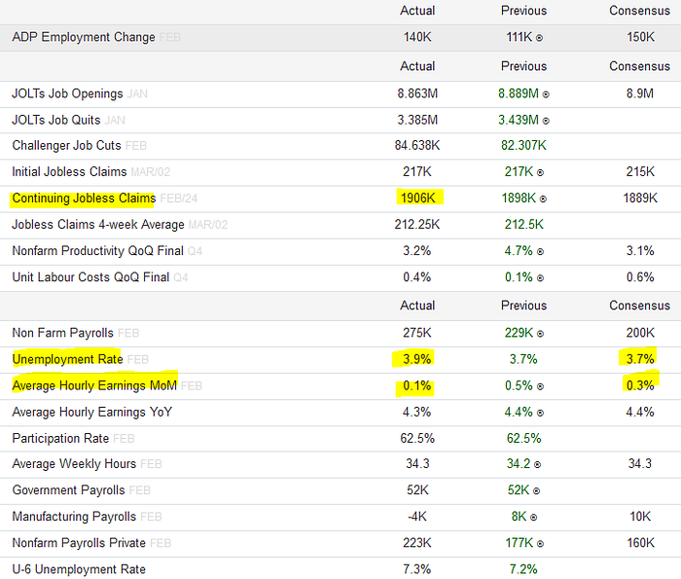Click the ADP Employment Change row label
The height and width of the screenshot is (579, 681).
tap(84, 37)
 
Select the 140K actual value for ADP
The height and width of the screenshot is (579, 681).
tap(417, 37)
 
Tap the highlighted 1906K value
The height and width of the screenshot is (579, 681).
tap(417, 199)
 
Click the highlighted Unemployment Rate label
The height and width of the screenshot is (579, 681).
tap(67, 359)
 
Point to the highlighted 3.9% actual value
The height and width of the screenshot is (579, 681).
tap(417, 359)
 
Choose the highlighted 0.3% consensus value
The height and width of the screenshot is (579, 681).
tap(640, 385)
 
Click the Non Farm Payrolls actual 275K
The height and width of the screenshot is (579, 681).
tap(417, 333)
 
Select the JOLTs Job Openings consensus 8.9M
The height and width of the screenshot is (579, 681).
tap(640, 93)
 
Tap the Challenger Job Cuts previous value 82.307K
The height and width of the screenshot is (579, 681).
tap(523, 146)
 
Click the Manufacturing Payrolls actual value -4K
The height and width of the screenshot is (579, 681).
tap(417, 517)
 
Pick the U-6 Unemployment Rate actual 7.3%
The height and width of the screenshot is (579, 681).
tap(417, 569)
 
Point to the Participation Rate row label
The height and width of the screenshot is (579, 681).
tap(60, 438)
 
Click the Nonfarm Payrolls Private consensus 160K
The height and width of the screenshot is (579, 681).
tap(640, 543)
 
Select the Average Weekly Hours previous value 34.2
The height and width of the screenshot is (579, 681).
tap(519, 464)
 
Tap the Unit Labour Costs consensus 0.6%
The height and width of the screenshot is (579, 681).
tap(640, 277)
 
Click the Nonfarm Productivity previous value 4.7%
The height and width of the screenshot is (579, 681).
tap(519, 251)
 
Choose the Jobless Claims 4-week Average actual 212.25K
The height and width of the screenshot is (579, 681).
tap(417, 225)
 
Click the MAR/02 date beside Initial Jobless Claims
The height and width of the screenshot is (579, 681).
tap(150, 172)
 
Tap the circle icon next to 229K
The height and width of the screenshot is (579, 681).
tap(540, 334)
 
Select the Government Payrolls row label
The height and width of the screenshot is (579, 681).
tap(68, 490)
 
